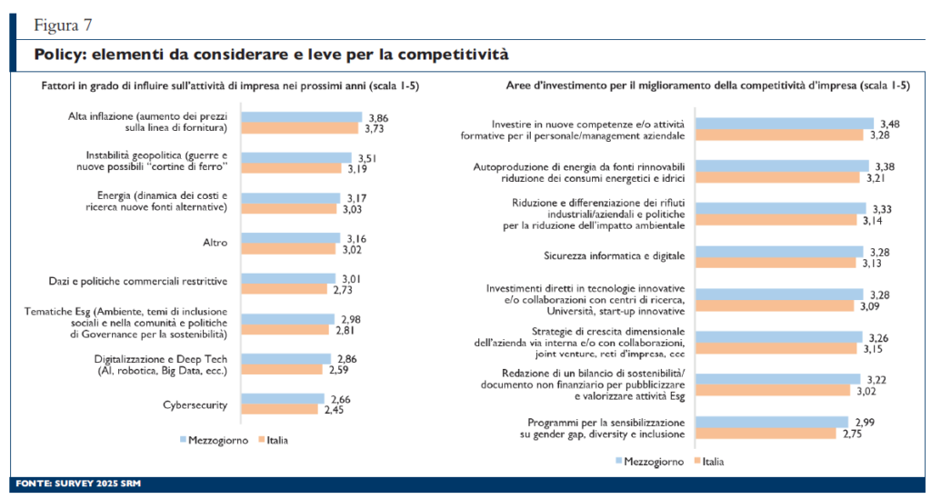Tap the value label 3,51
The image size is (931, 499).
(x=366, y=157)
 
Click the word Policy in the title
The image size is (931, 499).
(x=59, y=55)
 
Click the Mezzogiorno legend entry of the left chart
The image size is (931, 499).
(x=212, y=440)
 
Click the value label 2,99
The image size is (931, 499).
(x=864, y=423)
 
